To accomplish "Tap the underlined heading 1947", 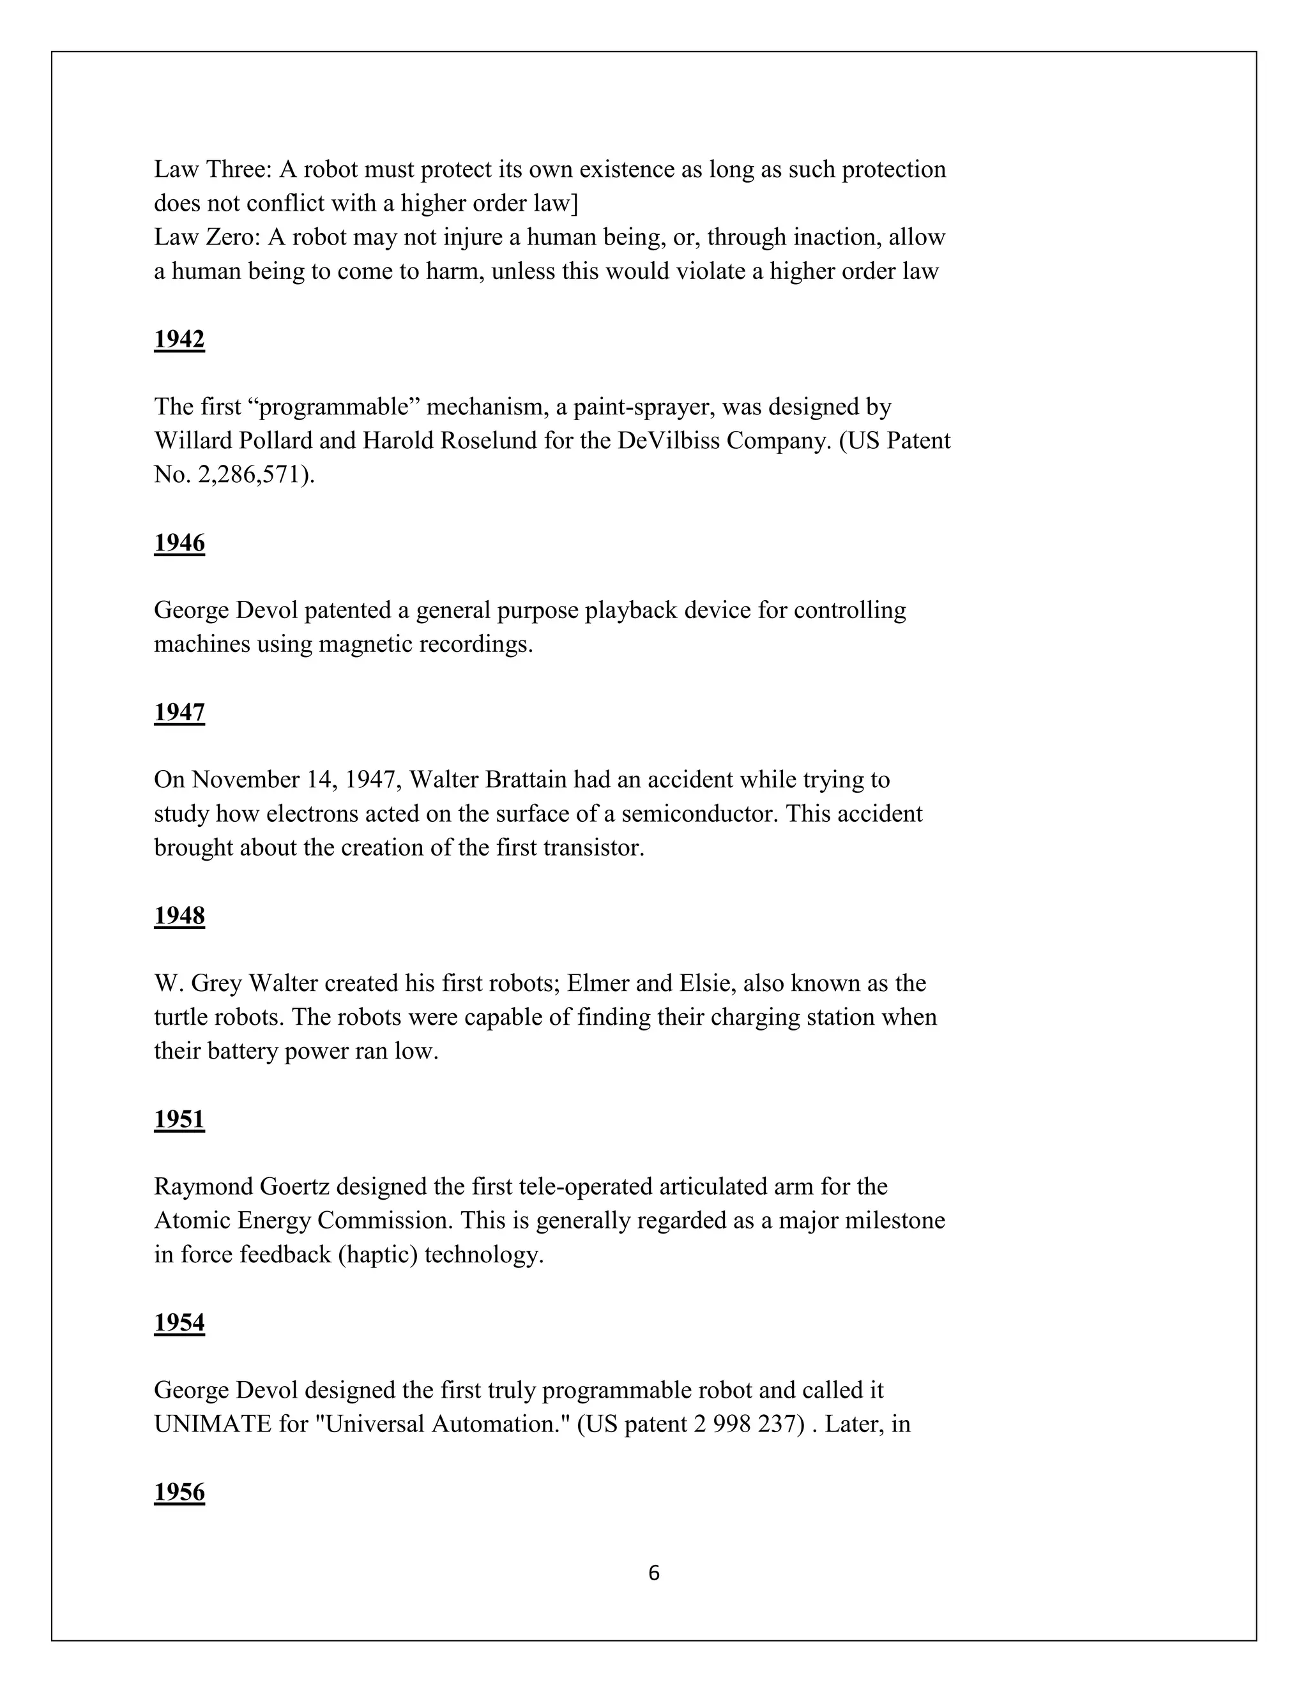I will (x=179, y=712).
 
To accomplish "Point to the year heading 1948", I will (x=179, y=916).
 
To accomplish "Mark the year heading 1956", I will (x=179, y=1492).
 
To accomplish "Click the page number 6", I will (x=653, y=1573).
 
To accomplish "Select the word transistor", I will (x=593, y=847).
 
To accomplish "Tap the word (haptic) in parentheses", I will (x=377, y=1254).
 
